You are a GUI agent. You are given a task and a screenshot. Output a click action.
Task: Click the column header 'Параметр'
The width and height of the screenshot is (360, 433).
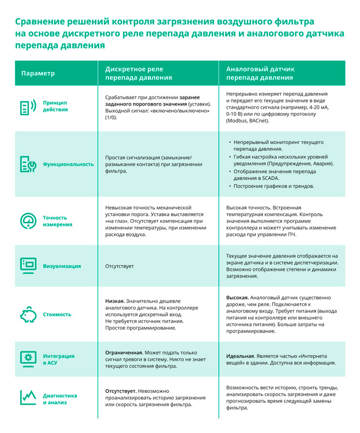click(x=38, y=73)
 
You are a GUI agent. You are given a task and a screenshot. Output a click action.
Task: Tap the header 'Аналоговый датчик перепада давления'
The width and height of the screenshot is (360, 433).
click(x=260, y=73)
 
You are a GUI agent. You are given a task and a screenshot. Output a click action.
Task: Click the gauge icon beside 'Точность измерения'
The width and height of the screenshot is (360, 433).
click(x=28, y=221)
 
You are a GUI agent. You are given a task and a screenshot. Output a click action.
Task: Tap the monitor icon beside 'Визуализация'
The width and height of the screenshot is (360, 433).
click(x=28, y=266)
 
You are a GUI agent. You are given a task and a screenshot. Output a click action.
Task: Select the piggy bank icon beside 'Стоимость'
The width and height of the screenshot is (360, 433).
click(x=28, y=314)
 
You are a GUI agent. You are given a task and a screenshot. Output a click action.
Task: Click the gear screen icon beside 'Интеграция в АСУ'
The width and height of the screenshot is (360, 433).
click(x=28, y=359)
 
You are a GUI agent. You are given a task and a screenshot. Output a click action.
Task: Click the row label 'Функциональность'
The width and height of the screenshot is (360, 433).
click(x=68, y=164)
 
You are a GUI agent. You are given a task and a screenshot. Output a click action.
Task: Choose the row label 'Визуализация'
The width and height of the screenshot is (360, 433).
click(x=62, y=266)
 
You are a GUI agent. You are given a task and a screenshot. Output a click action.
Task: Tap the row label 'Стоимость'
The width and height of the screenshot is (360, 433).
click(x=57, y=314)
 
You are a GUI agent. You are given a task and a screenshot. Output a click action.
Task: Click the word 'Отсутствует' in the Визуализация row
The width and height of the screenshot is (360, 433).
click(x=119, y=267)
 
